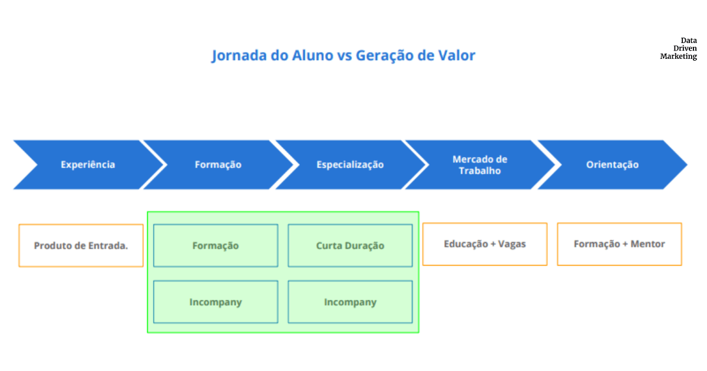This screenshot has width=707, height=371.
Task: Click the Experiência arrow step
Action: pyautogui.click(x=88, y=165)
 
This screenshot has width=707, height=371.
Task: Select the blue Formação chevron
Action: pyautogui.click(x=219, y=165)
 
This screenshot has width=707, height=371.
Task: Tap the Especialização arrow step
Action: pyautogui.click(x=351, y=165)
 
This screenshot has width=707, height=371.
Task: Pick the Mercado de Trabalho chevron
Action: pyautogui.click(x=480, y=165)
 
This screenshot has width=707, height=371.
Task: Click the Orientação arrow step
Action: pyautogui.click(x=612, y=165)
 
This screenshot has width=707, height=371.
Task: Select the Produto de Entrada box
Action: pyautogui.click(x=81, y=246)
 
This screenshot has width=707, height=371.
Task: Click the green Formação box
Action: pyautogui.click(x=216, y=246)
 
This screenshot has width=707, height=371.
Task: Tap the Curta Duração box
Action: pyautogui.click(x=351, y=246)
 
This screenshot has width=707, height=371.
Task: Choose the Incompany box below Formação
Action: pyautogui.click(x=216, y=302)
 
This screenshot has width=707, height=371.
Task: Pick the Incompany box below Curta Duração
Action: pyautogui.click(x=351, y=302)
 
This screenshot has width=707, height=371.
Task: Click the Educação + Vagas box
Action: pyautogui.click(x=485, y=244)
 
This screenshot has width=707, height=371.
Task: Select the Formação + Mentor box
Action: pyautogui.click(x=620, y=244)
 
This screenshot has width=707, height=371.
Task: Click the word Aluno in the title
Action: pyautogui.click(x=312, y=55)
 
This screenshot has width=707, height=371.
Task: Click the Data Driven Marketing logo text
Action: pyautogui.click(x=679, y=48)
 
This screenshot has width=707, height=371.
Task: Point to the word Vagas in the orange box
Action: pyautogui.click(x=512, y=244)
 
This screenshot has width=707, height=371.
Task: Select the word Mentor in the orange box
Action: pyautogui.click(x=647, y=244)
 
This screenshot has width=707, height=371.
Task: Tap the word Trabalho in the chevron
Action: pyautogui.click(x=480, y=171)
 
